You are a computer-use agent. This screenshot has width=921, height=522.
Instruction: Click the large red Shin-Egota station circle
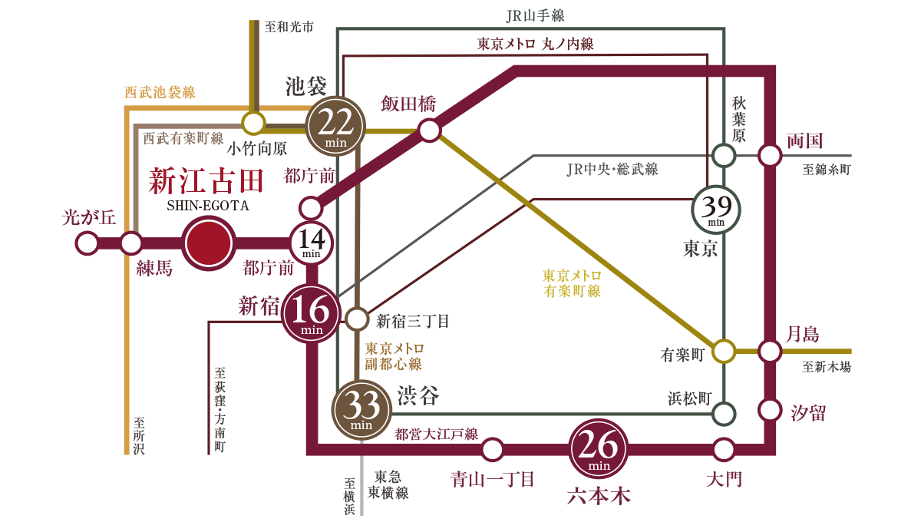pos(209,244)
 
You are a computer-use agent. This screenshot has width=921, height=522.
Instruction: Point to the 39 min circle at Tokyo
pos(716,209)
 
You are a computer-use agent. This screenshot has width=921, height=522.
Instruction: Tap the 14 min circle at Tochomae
pos(312,244)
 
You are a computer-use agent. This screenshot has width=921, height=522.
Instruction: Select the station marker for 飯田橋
pos(429,130)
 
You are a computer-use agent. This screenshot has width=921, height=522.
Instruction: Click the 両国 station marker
pos(770,156)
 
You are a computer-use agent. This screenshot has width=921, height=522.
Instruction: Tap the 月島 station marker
pos(770,352)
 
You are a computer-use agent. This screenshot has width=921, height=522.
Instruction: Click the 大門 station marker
pos(723,449)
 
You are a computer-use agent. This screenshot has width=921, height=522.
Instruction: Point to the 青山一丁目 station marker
pos(492,449)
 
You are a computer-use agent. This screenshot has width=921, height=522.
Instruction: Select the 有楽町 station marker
pos(723,352)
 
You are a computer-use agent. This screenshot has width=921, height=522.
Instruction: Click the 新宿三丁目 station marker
pos(357,319)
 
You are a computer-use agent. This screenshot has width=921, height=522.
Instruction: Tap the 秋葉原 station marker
pos(723,156)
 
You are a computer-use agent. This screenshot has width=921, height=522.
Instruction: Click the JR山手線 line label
pos(536,16)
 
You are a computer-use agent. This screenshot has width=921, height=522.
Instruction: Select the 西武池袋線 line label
pos(160,93)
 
